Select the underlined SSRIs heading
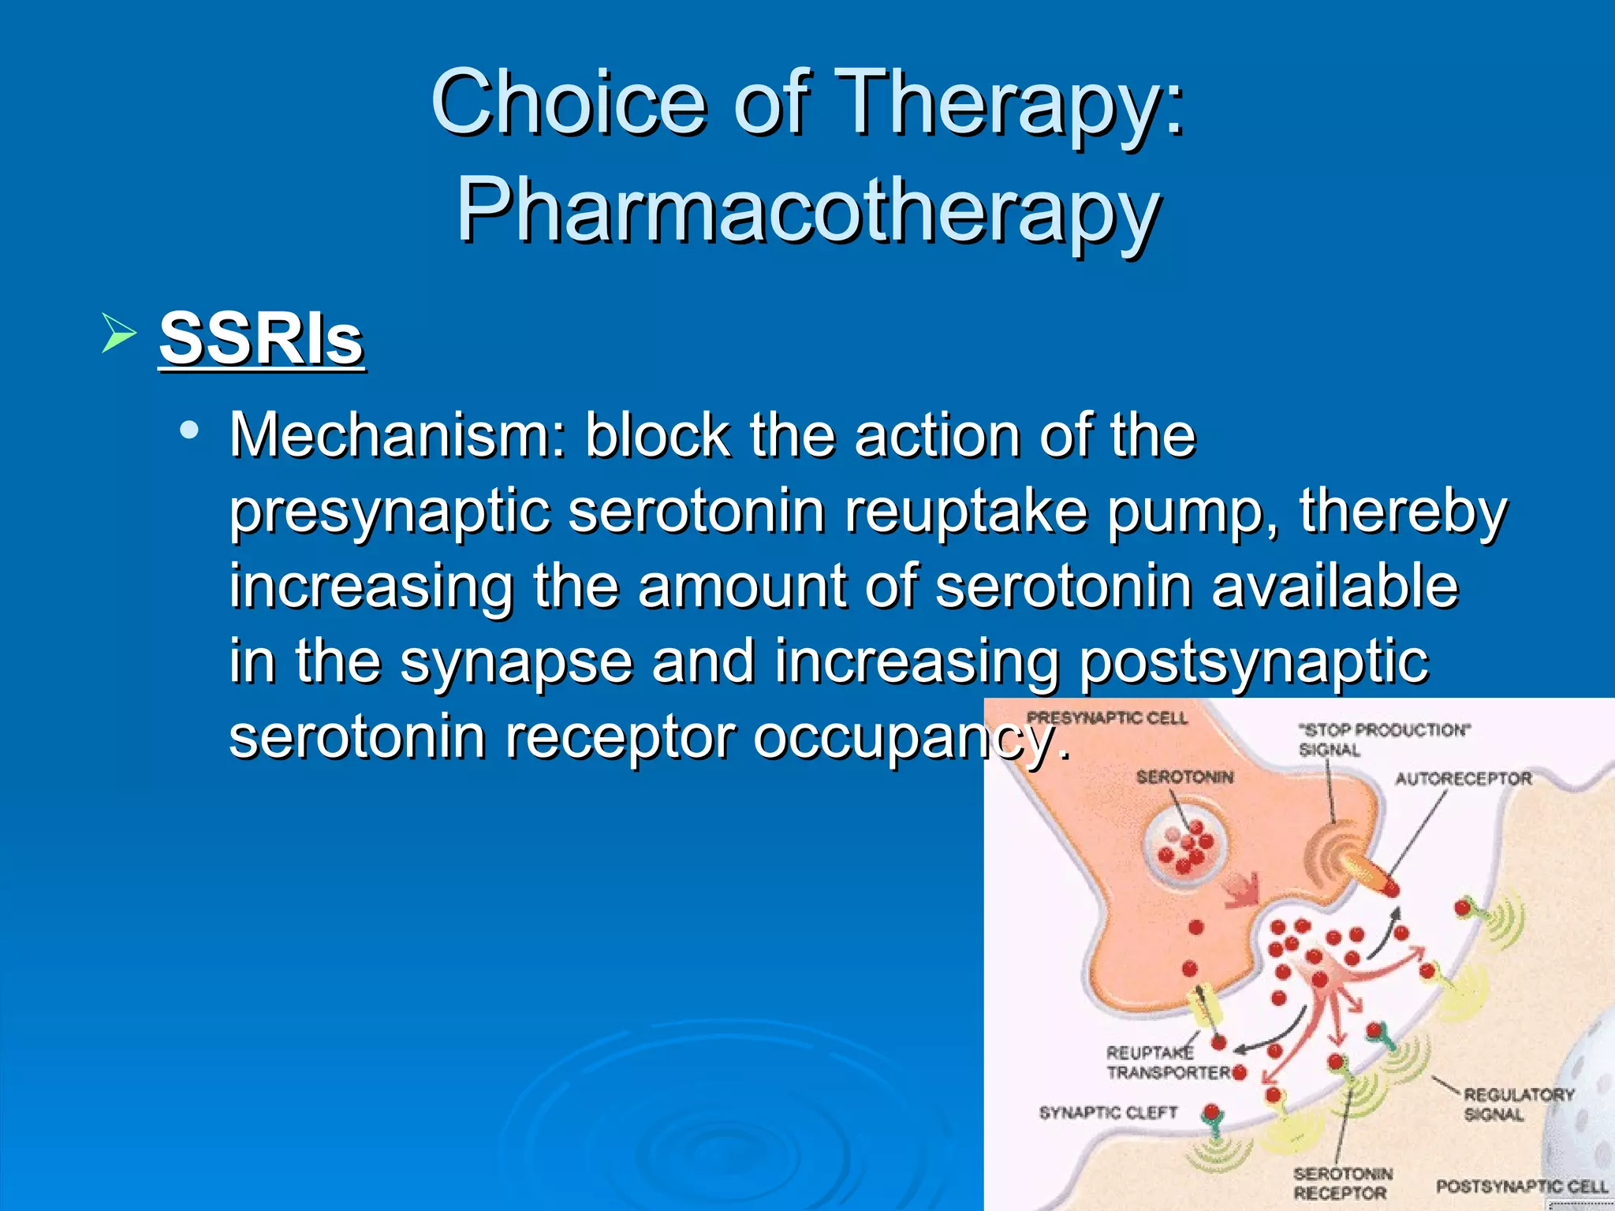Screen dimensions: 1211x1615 tap(261, 339)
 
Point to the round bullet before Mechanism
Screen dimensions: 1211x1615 tap(188, 430)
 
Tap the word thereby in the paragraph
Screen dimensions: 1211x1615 tap(1403, 511)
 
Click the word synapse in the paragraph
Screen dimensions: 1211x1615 tap(517, 661)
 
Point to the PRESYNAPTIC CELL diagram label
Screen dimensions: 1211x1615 tap(1106, 718)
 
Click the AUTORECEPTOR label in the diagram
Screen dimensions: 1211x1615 tap(1463, 779)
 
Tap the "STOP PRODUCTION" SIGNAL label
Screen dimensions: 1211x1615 tap(1383, 739)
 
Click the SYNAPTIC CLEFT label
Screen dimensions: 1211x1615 tap(1107, 1112)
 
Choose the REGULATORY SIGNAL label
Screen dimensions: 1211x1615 tap(1518, 1104)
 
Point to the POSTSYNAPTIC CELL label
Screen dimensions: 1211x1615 tap(1521, 1186)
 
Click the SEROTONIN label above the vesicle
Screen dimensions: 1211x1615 tap(1184, 777)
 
